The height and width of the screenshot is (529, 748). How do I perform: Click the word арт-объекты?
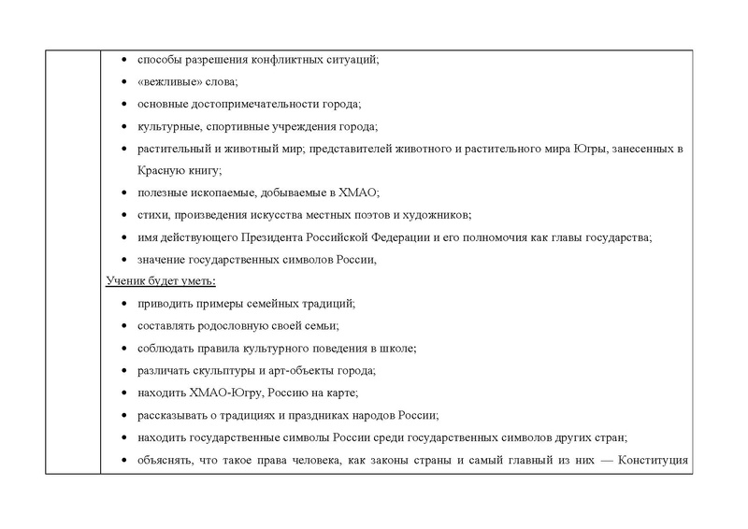click(x=280, y=370)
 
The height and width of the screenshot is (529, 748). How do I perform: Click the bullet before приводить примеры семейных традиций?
click(x=126, y=305)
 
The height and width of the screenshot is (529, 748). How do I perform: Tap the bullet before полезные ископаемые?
click(x=126, y=193)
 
